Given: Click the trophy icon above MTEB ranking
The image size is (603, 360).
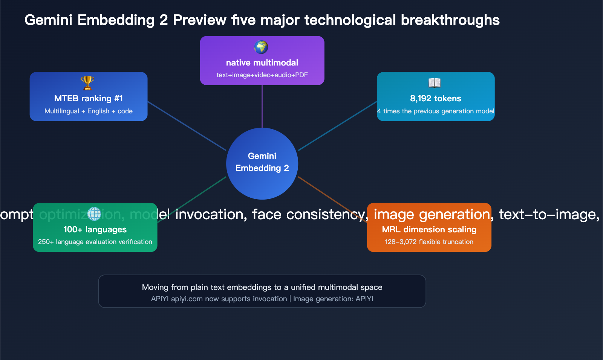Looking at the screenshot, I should point(87,83).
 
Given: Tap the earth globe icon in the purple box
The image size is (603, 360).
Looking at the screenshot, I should point(261,47).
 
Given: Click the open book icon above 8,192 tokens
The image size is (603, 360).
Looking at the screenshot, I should point(435,82).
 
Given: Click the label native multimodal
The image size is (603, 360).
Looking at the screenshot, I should point(262,63).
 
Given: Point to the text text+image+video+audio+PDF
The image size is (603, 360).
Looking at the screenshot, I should point(262,75).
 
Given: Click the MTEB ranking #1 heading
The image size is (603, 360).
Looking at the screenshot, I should point(89,98).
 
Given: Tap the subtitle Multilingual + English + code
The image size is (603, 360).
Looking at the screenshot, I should point(89,111).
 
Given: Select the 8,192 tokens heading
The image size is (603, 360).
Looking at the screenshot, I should point(436,98).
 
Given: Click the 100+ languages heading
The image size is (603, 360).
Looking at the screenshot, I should point(95,229).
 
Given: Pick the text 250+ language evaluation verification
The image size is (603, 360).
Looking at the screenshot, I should point(95,242).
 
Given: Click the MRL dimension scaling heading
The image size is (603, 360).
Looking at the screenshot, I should point(429,229).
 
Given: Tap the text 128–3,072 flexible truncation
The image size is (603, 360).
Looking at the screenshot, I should point(429,242).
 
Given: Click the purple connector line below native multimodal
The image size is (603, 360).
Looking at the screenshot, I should point(262,106).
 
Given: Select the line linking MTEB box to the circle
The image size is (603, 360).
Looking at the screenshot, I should point(187,126).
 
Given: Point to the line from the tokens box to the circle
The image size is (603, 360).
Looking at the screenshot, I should point(338,126).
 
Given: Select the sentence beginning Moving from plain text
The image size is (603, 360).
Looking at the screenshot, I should point(262,287).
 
